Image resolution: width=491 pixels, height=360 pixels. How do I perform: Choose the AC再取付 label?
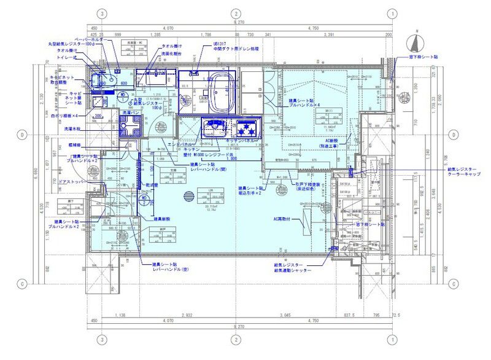[285, 218]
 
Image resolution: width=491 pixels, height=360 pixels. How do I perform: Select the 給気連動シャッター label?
[293, 270]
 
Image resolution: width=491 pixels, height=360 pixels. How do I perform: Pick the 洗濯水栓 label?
[74, 130]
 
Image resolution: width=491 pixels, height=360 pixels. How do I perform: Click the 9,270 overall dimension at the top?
[235, 22]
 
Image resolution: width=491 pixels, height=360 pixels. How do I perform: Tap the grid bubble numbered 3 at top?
[102, 13]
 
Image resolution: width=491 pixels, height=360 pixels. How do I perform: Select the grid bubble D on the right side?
[452, 134]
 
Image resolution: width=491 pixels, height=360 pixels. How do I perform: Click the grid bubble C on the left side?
[22, 284]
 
